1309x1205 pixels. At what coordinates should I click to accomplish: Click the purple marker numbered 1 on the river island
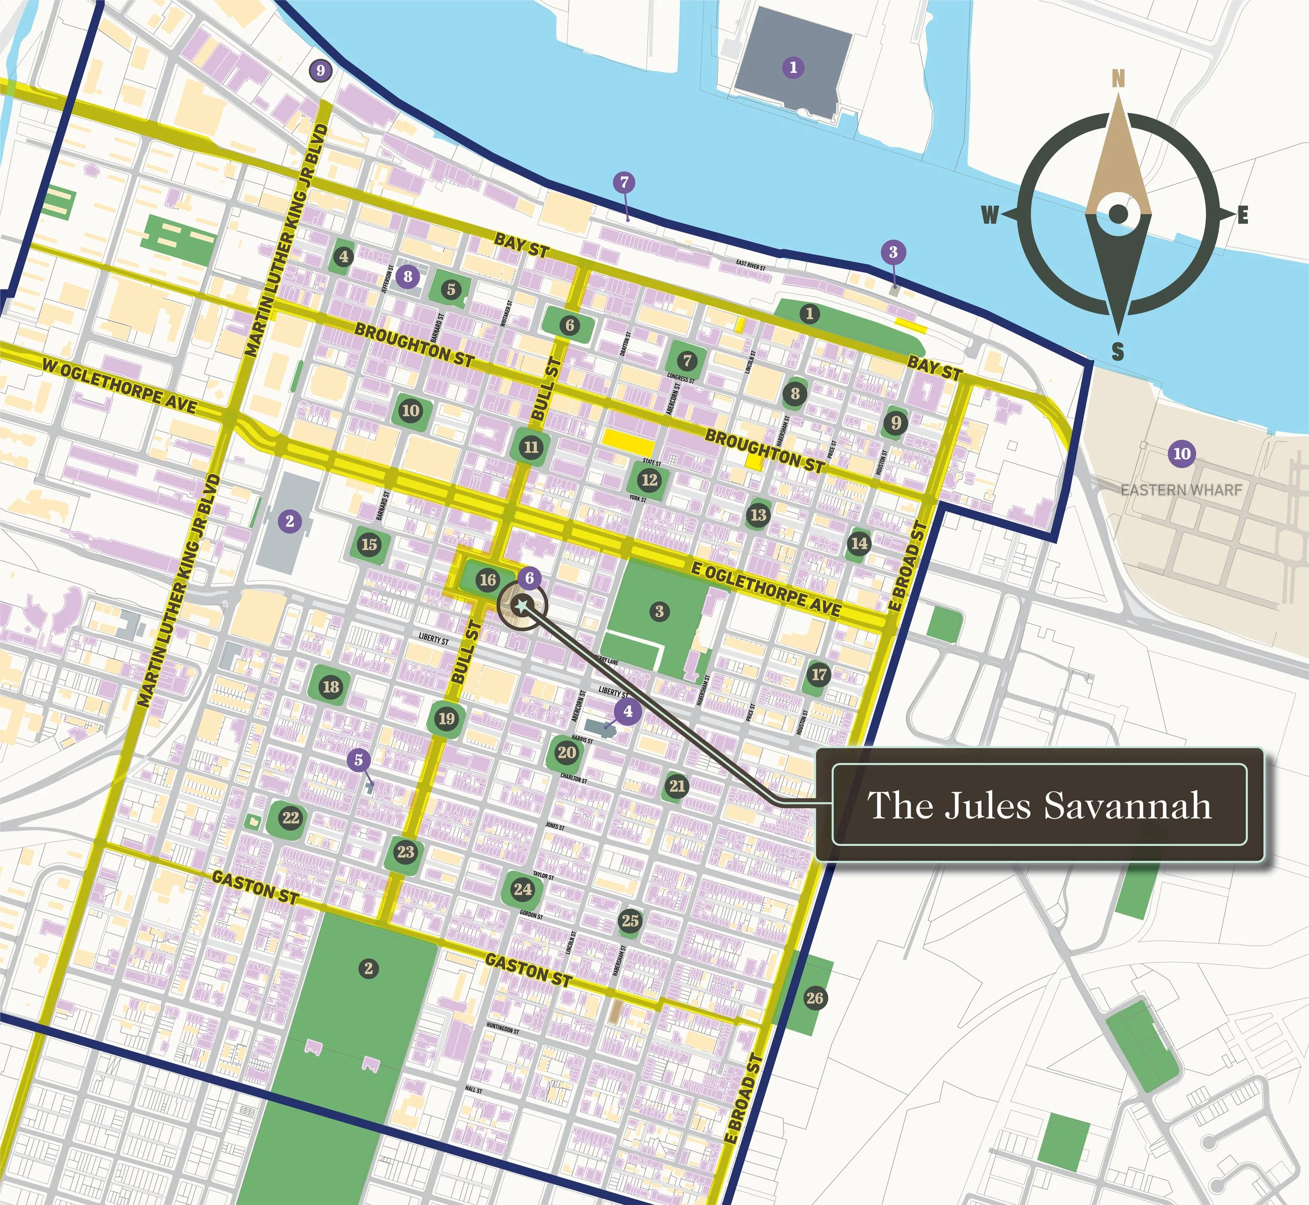793,67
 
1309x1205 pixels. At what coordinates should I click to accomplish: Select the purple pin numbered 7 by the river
624,183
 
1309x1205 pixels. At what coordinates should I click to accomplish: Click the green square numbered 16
488,579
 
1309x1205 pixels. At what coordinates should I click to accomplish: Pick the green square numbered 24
523,889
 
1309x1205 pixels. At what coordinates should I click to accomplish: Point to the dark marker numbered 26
815,998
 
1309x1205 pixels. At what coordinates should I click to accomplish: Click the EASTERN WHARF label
1181,489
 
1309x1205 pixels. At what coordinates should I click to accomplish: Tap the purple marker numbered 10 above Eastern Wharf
1182,453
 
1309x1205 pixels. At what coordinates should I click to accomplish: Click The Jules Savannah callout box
1040,805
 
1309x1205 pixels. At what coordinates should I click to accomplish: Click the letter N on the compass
1118,79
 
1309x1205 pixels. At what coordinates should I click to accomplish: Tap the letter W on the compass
990,215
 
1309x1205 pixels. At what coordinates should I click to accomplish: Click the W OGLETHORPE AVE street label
120,385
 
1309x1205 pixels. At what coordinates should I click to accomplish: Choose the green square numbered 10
411,410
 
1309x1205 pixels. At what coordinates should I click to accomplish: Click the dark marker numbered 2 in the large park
369,968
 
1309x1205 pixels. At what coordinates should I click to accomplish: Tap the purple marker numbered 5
358,759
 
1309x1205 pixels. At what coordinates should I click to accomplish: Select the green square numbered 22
290,818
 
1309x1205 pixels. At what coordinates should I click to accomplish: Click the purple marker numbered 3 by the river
893,252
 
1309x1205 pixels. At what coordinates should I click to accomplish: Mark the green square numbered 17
819,674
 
